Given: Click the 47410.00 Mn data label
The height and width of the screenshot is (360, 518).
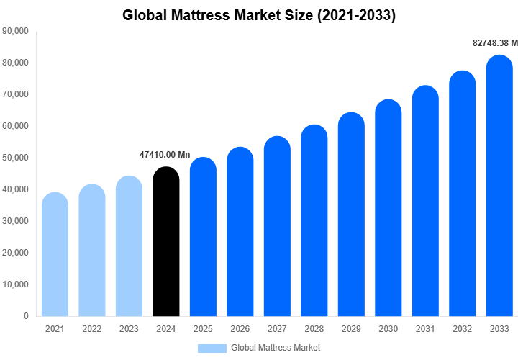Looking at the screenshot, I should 165,155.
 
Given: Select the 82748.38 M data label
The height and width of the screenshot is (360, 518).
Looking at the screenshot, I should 495,43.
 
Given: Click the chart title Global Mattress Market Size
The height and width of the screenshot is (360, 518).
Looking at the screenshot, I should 259,14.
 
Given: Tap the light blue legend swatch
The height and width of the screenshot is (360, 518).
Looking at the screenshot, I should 212,348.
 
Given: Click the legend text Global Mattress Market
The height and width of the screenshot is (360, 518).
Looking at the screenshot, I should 276,348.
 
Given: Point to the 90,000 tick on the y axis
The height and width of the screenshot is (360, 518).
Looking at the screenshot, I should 15,31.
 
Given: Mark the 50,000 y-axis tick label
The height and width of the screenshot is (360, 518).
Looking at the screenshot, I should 15,158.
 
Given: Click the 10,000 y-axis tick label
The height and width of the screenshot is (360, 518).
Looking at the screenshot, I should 15,284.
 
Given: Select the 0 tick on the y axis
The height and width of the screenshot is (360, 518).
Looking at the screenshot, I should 26,316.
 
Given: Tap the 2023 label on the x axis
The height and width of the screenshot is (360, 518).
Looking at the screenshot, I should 129,329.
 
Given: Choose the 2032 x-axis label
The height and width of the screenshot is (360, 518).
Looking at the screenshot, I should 463,329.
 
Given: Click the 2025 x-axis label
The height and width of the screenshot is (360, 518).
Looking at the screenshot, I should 203,329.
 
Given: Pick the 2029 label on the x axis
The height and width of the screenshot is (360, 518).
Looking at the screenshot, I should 351,329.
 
